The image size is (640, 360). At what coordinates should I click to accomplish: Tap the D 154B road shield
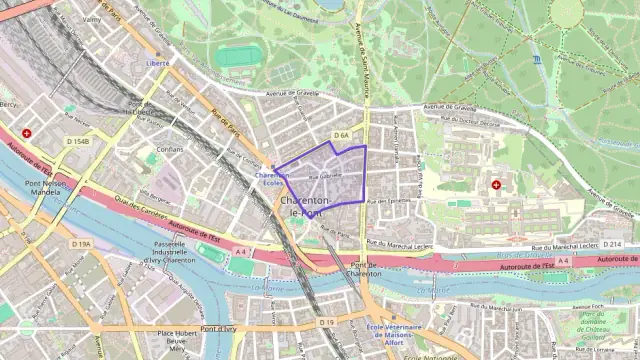click(x=78, y=142)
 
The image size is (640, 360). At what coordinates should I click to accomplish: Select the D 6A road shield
click(x=341, y=135)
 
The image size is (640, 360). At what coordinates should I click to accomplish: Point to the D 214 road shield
click(x=612, y=244)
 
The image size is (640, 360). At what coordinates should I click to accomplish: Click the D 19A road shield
click(x=82, y=244)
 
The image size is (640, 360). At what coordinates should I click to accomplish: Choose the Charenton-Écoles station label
click(x=271, y=179)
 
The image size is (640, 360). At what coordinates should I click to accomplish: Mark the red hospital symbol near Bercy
click(x=27, y=132)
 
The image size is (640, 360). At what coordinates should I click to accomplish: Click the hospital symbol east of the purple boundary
click(x=498, y=185)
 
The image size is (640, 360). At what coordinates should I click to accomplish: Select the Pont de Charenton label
click(x=363, y=268)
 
